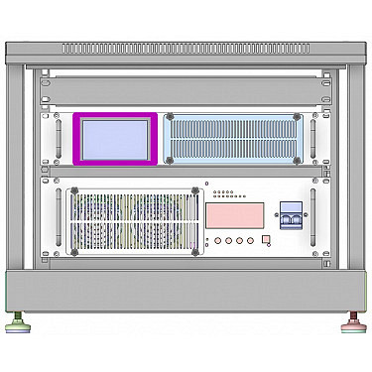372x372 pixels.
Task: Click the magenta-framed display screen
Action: (115, 139)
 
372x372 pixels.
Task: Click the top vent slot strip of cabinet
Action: (186, 48)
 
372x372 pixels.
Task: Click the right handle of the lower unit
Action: (313, 219)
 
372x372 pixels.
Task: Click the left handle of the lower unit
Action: (59, 219)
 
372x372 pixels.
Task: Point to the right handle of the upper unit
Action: (313, 139)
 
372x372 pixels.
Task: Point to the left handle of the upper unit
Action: (59, 139)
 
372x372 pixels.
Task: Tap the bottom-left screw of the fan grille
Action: (72, 251)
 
